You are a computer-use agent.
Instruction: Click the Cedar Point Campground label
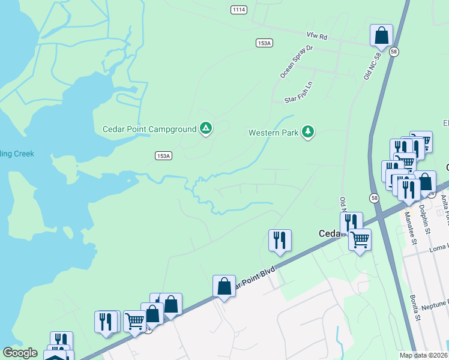point(149,129)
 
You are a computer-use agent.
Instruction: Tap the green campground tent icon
point(206,128)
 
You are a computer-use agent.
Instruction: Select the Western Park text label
point(274,132)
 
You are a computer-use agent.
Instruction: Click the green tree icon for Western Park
point(308,131)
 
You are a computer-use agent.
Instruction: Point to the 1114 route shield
point(239,9)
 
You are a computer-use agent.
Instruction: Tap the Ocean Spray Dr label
point(297,61)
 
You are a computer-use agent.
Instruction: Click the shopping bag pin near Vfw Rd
point(381,35)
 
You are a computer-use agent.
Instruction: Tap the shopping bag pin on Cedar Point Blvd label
point(224,287)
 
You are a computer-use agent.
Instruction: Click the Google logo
point(20,353)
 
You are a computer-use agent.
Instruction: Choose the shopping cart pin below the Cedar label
point(359,239)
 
